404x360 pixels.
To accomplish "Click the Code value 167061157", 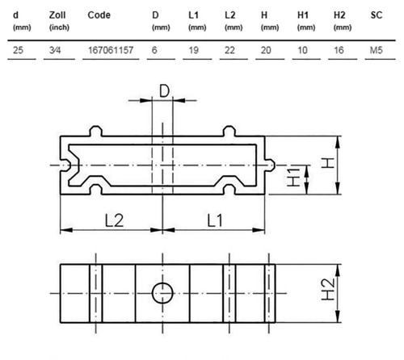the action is pos(111,50).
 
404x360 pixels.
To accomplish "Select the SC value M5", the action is pos(377,50).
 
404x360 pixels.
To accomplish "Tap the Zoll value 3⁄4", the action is pos(55,50).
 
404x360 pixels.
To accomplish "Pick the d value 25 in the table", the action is pos(18,50).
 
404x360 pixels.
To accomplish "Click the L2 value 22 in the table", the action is pos(229,50).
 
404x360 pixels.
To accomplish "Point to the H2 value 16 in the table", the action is pos(339,50).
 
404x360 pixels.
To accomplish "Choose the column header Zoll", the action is pos(57,15).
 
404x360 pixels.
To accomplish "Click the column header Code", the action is pos(99,15).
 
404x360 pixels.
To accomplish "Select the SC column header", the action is pos(377,15).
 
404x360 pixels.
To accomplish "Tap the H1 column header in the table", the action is pos(303,15).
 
